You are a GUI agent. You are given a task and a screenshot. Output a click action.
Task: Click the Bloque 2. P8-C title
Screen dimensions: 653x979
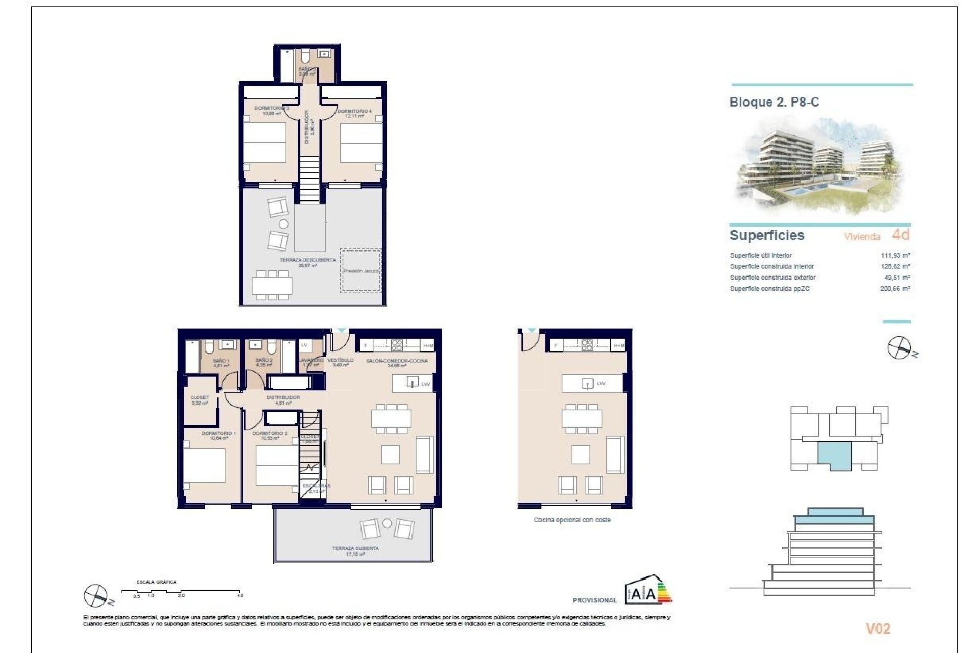point(774,102)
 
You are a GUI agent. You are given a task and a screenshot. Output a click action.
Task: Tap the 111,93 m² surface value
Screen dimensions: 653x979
point(895,255)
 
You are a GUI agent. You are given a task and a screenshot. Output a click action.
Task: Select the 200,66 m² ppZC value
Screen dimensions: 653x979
point(895,289)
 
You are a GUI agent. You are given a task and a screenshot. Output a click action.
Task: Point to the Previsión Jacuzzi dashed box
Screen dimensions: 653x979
point(360,271)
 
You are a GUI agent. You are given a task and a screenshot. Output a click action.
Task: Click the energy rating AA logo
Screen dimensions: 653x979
point(648,591)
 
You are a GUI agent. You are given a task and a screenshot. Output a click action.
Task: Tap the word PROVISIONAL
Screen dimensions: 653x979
point(595,600)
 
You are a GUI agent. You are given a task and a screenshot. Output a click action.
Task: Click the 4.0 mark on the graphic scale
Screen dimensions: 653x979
point(240,595)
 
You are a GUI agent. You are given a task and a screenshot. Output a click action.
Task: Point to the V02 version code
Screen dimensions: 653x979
point(878,629)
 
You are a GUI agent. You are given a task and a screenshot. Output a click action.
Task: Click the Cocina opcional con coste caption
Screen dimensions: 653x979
point(572,520)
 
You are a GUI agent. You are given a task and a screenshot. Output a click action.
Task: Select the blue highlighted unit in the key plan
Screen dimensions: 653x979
point(834,454)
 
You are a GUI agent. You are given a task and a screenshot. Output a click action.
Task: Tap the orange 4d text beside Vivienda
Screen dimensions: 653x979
point(900,235)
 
